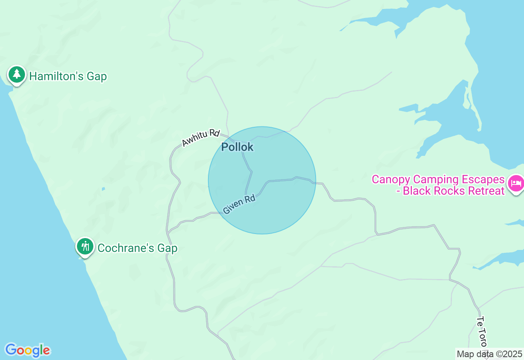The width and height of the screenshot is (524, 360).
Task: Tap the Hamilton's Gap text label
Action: click(x=68, y=76)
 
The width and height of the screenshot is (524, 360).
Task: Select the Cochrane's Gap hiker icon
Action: click(x=85, y=247)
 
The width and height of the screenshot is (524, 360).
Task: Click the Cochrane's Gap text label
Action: click(x=137, y=248)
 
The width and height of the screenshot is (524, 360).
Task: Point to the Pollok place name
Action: click(x=237, y=147)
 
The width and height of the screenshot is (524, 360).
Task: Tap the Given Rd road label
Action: click(x=239, y=204)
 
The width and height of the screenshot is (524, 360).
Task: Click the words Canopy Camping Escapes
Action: click(x=438, y=180)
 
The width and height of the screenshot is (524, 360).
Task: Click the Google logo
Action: click(x=27, y=350)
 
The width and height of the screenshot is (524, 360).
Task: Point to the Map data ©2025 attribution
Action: click(x=489, y=354)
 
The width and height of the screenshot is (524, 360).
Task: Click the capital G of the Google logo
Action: click(x=11, y=350)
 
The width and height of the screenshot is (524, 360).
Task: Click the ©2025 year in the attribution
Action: click(x=509, y=354)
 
